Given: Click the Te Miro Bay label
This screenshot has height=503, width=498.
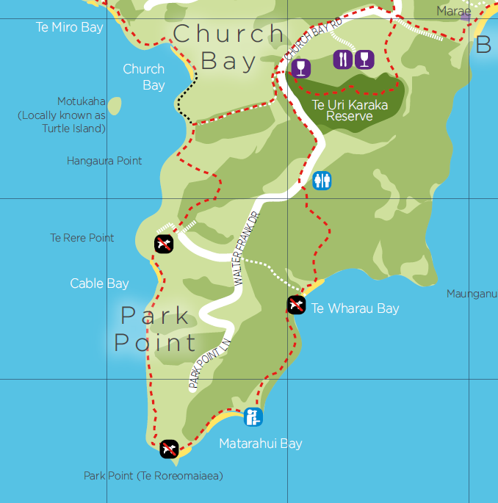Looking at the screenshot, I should [x=70, y=27].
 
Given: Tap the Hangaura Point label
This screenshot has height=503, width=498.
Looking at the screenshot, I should [x=104, y=161].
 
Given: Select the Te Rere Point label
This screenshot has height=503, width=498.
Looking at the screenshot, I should [x=82, y=238].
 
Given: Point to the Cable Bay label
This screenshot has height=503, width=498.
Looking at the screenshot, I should [x=100, y=283].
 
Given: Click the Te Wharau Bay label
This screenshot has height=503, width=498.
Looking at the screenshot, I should [x=356, y=308].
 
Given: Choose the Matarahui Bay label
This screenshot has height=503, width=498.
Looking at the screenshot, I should [x=261, y=444].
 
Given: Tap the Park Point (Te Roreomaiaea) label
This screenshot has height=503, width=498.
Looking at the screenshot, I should [x=153, y=476].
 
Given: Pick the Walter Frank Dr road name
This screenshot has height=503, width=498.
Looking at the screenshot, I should [x=247, y=248].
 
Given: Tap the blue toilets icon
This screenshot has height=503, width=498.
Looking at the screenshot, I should [x=322, y=180].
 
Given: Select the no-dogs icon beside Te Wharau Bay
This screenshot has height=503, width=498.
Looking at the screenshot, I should [x=296, y=305].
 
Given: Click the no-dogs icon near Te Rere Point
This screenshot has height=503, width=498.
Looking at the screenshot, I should [x=164, y=244].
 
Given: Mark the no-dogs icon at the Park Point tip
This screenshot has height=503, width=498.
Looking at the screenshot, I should [x=169, y=448].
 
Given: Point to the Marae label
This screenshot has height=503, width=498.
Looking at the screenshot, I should [x=453, y=11].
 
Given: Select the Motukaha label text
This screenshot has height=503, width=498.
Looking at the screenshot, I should [x=82, y=101].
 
